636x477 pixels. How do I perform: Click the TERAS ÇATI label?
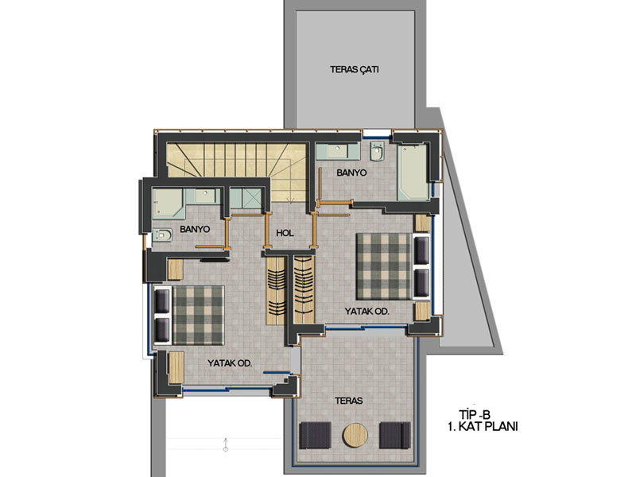pos(354,69)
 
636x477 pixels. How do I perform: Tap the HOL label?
pos(285,233)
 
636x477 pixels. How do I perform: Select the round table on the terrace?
pos(355,435)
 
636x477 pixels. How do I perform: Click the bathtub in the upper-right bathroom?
pos(413,173)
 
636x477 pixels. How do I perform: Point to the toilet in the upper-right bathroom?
pos(377,151)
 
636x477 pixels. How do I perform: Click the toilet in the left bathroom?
pos(162,235)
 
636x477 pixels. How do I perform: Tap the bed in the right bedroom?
pos(384,266)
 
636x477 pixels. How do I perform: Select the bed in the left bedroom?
pos(198,315)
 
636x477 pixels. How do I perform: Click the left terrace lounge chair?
pos(315,435)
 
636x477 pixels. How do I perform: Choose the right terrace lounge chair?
pos(394,435)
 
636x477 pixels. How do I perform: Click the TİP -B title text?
pos(475,414)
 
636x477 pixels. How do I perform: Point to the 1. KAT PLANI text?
pos(483,427)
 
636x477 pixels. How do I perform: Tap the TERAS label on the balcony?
pos(349,401)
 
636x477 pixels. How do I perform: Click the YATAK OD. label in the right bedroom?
pos(366,311)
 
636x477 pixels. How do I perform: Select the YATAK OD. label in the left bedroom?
pos(230,363)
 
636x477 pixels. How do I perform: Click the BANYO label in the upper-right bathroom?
pos(351,173)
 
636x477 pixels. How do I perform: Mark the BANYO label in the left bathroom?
pos(195,229)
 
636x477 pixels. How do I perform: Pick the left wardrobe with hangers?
pos(275,289)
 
